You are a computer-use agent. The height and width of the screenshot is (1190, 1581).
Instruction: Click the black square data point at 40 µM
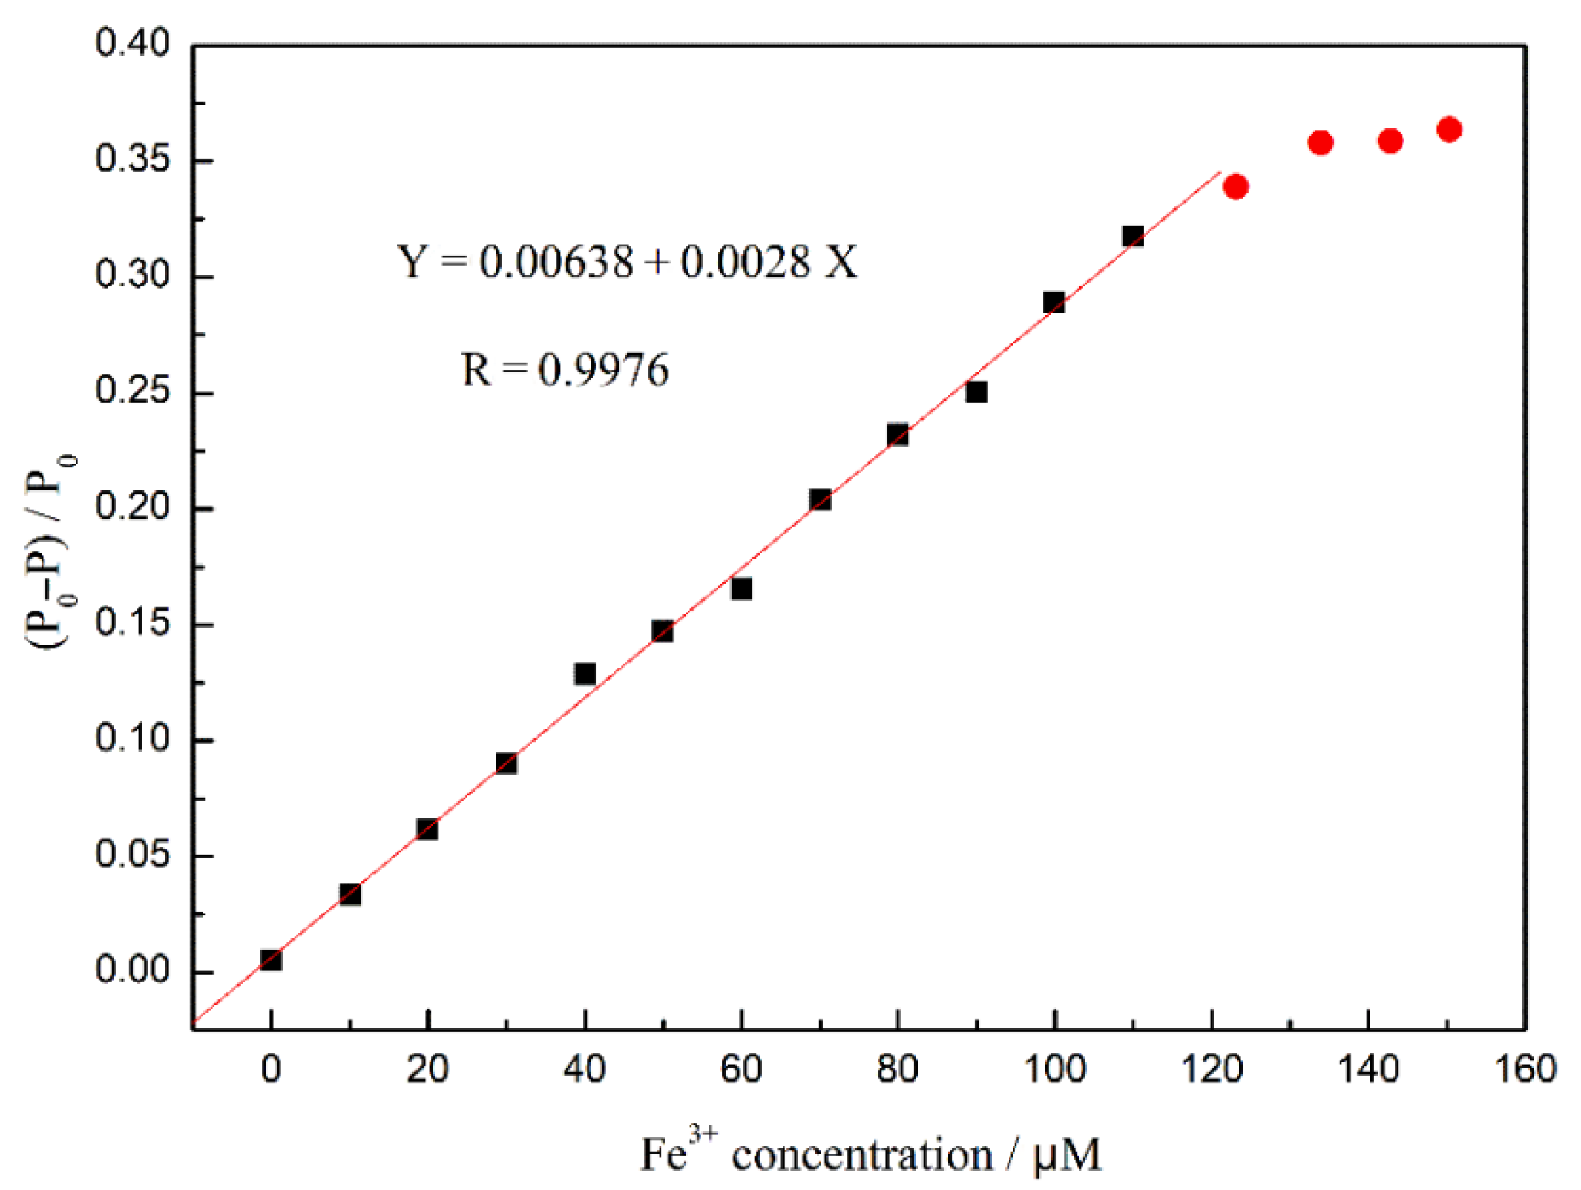585,673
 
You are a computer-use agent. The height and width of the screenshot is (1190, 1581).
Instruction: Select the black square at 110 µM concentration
1132,236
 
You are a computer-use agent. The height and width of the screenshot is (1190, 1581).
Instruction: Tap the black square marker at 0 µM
271,959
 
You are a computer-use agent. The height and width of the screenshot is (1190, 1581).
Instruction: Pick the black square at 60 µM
741,588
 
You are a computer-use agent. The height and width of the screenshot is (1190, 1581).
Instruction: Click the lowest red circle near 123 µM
1235,186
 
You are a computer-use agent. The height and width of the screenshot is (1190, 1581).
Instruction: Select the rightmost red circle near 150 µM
1448,129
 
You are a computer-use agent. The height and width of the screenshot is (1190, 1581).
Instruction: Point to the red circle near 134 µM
1320,142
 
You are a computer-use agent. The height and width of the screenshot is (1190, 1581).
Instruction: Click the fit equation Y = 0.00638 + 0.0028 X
627,261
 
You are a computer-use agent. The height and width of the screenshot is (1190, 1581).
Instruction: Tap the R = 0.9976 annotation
565,369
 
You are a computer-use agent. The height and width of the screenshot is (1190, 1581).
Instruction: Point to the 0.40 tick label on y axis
132,43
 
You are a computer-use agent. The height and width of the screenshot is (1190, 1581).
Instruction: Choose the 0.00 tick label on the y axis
132,970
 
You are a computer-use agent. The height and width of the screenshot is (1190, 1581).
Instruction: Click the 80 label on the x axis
897,1069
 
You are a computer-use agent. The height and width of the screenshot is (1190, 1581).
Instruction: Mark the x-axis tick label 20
427,1069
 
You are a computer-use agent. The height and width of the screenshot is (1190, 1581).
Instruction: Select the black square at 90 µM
976,392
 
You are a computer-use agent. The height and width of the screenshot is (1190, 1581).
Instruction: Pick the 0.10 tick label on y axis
132,738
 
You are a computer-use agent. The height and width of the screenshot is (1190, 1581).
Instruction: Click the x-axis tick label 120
1211,1069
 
